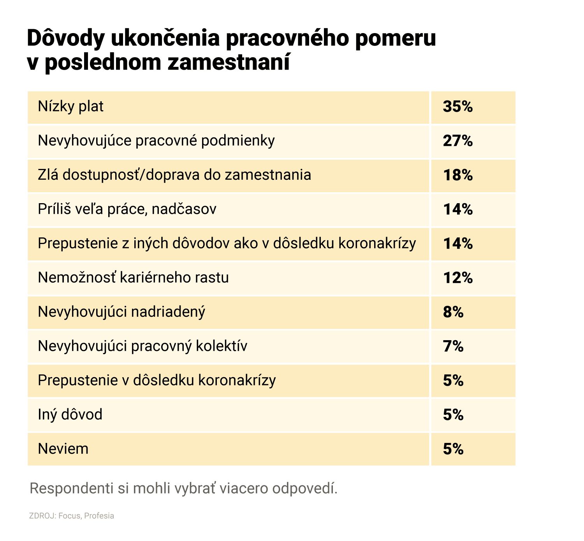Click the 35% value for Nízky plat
tap(457, 107)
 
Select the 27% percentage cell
tap(457, 141)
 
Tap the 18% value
tap(458, 175)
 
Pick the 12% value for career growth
tap(458, 278)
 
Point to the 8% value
tap(453, 312)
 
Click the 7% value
tap(453, 346)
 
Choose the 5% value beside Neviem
tap(453, 449)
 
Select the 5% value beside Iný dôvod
tap(453, 415)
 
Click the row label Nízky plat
tap(70, 107)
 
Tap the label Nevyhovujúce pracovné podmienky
tap(156, 141)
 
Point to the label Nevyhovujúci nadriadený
tap(121, 312)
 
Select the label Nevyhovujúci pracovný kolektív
tap(142, 346)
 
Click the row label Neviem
tap(63, 449)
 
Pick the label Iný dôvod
tap(70, 415)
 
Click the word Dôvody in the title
tap(66, 38)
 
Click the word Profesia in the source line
tap(99, 516)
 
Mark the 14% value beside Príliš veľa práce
tap(458, 209)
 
